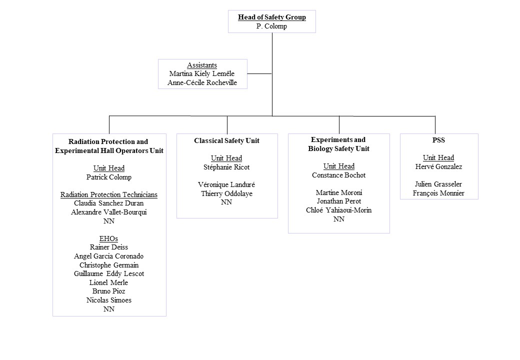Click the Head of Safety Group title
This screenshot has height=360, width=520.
[271, 17]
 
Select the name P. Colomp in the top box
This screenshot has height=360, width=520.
[271, 26]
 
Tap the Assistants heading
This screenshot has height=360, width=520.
[202, 65]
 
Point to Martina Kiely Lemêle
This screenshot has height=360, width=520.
[202, 74]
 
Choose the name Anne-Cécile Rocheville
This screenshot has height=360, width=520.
[202, 82]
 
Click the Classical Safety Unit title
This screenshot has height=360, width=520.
[227, 140]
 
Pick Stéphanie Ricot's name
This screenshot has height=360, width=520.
[226, 167]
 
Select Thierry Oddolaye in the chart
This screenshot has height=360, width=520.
[226, 193]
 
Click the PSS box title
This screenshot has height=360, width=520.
[438, 140]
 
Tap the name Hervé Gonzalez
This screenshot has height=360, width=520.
[438, 166]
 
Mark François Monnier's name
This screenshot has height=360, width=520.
[438, 193]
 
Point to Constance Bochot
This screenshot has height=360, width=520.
[338, 175]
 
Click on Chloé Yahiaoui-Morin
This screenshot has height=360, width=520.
[338, 210]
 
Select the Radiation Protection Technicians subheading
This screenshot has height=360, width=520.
[109, 194]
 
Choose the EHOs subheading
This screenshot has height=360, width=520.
[109, 238]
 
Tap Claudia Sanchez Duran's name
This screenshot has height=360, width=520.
[109, 203]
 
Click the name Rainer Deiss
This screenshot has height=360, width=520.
[109, 247]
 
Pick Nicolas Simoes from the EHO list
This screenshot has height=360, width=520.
[109, 300]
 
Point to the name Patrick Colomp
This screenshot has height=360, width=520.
[109, 177]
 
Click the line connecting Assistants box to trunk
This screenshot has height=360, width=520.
[259, 73]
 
